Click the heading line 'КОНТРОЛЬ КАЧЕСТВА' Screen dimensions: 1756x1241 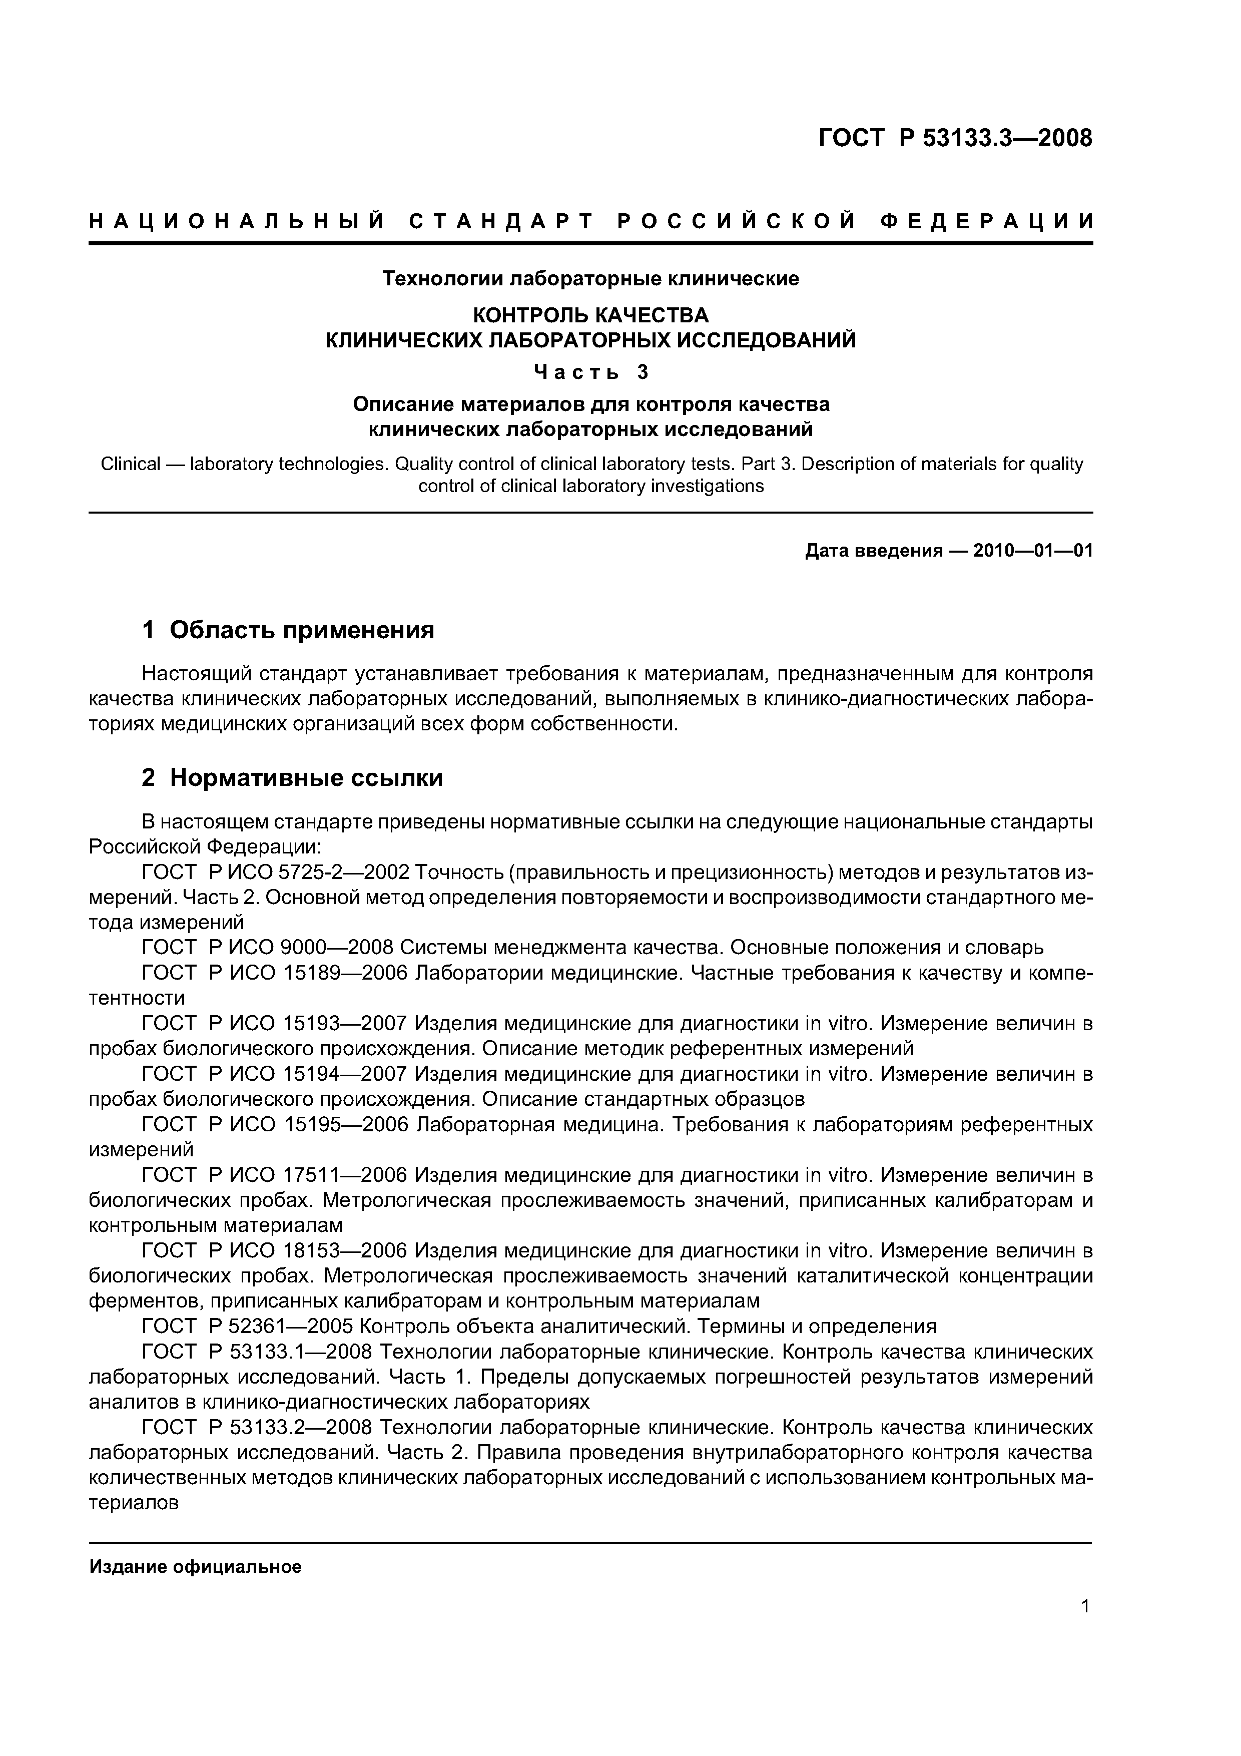[590, 315]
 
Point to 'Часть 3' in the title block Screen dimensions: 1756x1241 [590, 372]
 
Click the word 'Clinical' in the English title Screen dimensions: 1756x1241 [131, 464]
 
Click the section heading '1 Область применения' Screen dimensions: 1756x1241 [288, 630]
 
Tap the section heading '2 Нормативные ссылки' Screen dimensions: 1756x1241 [292, 778]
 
